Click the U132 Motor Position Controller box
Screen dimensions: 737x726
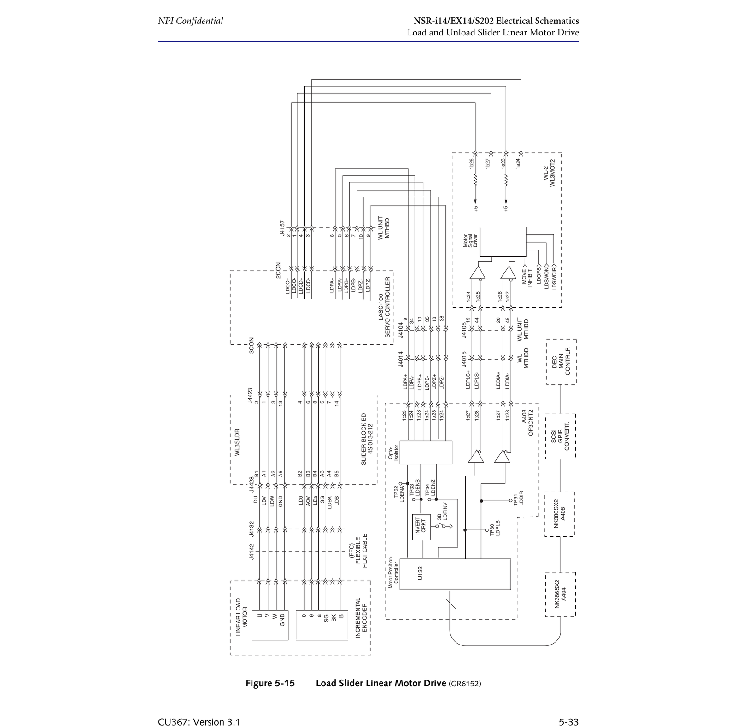455,574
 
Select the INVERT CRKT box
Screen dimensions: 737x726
421,527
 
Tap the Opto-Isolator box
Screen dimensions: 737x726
426,452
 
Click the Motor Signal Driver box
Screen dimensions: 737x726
503,242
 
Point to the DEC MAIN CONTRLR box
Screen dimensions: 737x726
561,362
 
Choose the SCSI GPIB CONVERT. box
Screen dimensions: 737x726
561,436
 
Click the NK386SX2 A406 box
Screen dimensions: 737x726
560,514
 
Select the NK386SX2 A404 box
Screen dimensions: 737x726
560,594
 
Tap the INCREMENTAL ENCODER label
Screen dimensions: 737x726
361,618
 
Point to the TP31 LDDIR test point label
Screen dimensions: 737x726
518,499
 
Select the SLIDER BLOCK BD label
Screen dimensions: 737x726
367,439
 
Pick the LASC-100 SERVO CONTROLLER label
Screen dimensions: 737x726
384,307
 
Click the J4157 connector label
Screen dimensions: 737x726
282,228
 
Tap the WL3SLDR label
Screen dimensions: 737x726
237,442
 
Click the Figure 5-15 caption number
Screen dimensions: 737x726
270,683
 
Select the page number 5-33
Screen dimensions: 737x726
568,722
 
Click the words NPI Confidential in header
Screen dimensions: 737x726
190,21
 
